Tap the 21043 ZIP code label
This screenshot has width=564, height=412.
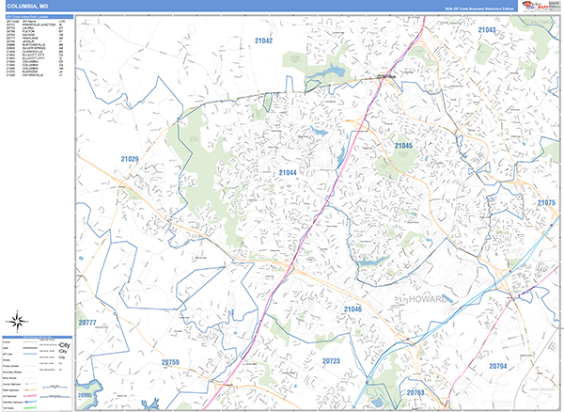point(487,30)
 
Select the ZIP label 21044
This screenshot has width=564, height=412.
point(288,173)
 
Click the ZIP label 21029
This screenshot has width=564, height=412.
point(129,160)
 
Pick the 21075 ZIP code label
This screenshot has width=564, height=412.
point(547,203)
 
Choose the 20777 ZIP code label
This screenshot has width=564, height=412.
point(87,323)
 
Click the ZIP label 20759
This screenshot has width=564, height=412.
point(170,362)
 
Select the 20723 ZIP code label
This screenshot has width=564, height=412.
point(331,361)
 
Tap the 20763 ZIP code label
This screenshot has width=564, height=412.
point(415,392)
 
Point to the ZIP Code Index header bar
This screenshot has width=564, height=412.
point(39,15)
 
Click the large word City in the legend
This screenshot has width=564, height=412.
point(64,346)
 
